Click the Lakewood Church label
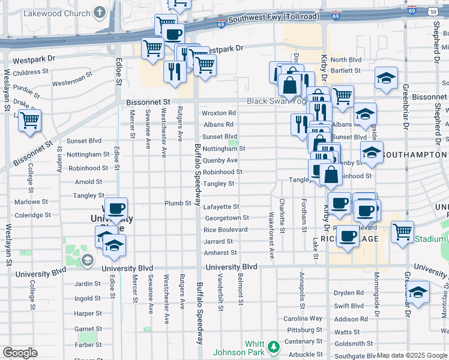pyautogui.click(x=57, y=13)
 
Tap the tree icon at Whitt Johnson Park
pyautogui.click(x=274, y=346)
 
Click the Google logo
pyautogui.click(x=20, y=353)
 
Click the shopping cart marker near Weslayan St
pyautogui.click(x=29, y=119)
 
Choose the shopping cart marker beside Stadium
pyautogui.click(x=402, y=231)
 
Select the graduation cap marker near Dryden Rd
pyautogui.click(x=418, y=292)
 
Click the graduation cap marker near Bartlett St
pyautogui.click(x=386, y=78)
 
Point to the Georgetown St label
pyautogui.click(x=226, y=218)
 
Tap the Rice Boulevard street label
pyautogui.click(x=226, y=230)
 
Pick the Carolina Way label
pyautogui.click(x=300, y=318)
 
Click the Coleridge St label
pyautogui.click(x=32, y=215)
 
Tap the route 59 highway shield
pyautogui.click(x=433, y=11)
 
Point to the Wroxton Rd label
pyautogui.click(x=218, y=113)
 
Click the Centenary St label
pyautogui.click(x=300, y=341)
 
